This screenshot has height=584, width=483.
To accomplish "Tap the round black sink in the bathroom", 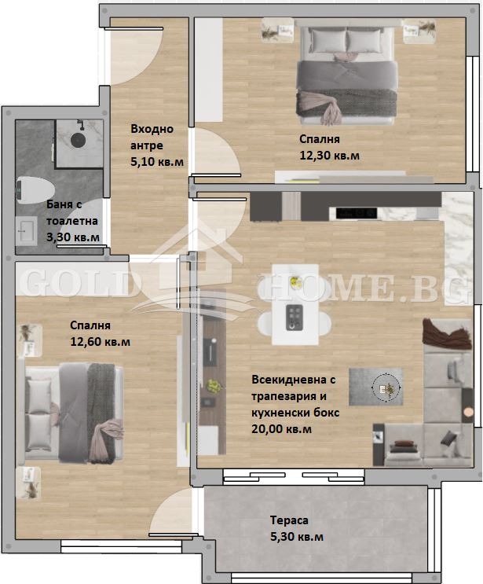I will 79,140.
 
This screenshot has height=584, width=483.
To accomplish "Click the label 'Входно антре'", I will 152,138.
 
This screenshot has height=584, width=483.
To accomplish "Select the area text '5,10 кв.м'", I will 158,162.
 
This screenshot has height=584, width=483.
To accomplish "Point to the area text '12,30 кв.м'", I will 330,156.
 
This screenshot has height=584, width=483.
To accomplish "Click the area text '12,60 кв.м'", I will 101,341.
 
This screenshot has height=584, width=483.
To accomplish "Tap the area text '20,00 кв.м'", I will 282,428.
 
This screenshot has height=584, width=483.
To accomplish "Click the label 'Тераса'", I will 288,520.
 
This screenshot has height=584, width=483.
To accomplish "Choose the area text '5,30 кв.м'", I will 296,537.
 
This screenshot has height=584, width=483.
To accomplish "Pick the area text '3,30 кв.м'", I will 73,236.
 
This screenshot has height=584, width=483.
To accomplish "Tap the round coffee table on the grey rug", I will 385,387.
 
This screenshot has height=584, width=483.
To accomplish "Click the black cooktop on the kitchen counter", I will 357,212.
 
